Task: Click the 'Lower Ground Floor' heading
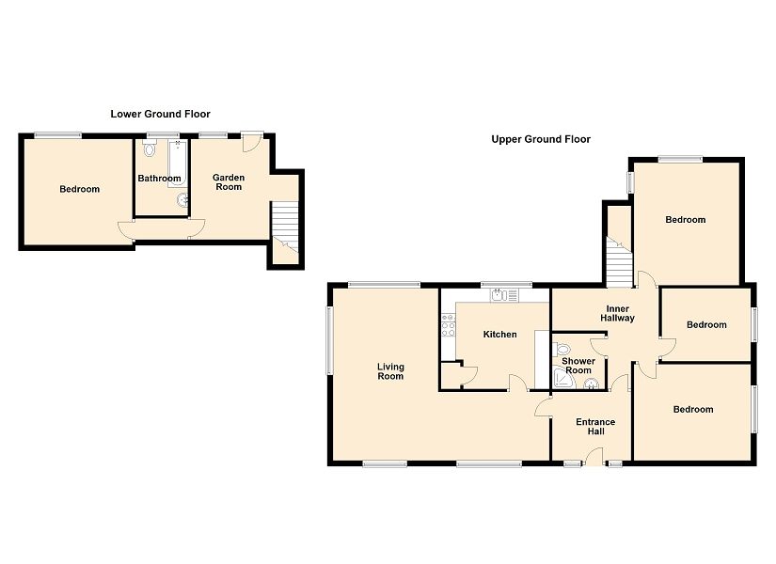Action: (160, 114)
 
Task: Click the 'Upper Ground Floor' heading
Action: (541, 139)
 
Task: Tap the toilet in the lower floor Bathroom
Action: (150, 149)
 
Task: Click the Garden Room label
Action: (229, 181)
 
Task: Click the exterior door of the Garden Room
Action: (251, 142)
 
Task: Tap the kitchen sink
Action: (503, 295)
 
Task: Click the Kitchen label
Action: (499, 335)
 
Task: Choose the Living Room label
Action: (390, 371)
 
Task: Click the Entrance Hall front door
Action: (594, 457)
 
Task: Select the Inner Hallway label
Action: (617, 313)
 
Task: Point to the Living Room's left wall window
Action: (330, 338)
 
